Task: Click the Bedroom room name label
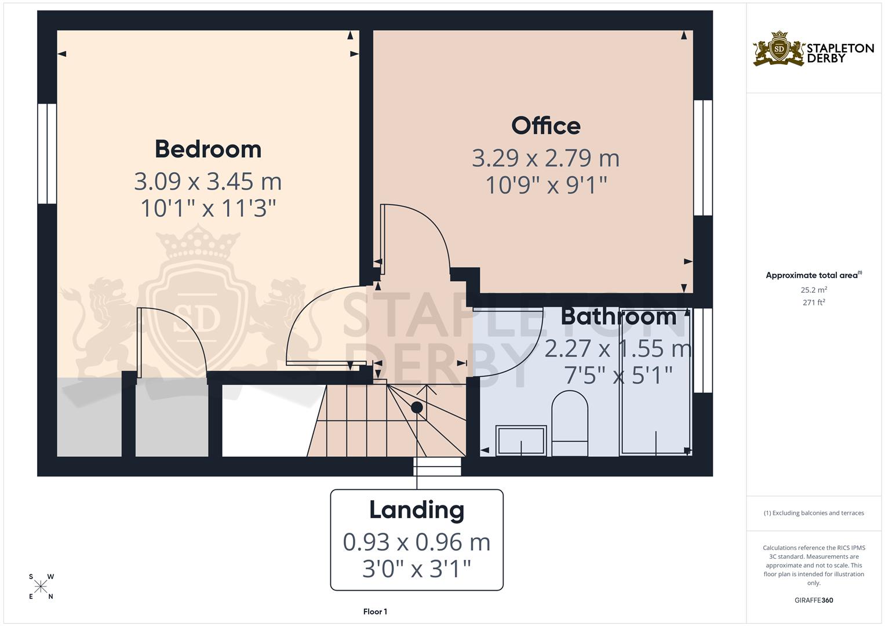point(207,149)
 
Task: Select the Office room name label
point(545,126)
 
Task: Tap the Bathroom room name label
point(618,316)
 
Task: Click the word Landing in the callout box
point(417,510)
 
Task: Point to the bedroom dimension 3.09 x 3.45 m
point(207,181)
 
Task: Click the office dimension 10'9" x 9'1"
point(545,185)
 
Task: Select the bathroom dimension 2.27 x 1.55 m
point(618,348)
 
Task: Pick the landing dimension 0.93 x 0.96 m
point(417,542)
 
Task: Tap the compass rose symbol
point(41,587)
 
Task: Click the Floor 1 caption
point(375,612)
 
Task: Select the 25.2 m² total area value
point(814,290)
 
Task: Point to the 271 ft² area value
point(814,302)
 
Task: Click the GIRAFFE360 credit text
point(814,600)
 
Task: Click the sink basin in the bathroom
point(521,441)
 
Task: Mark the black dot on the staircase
point(417,407)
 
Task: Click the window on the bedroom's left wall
point(48,154)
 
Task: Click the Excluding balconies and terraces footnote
point(814,513)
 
